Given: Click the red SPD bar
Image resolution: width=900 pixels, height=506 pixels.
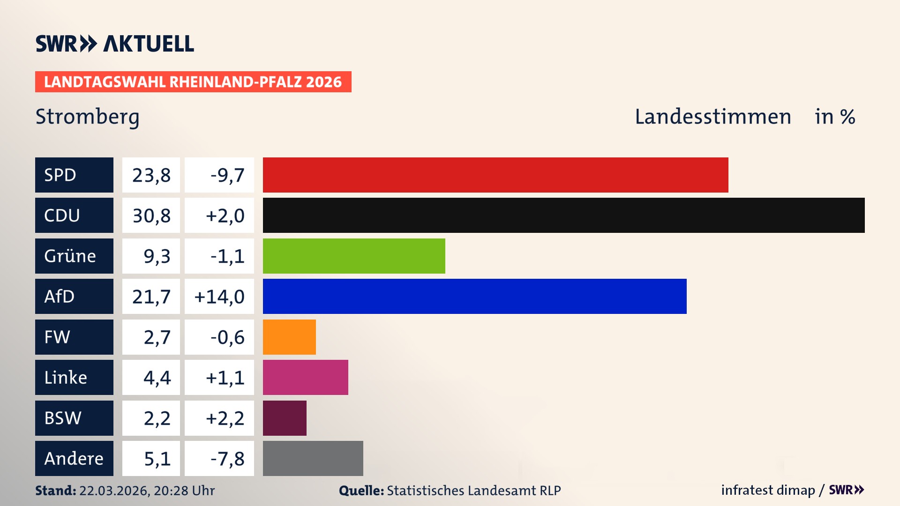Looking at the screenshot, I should tap(495, 175).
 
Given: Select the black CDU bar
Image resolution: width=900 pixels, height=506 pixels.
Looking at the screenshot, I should tap(563, 215).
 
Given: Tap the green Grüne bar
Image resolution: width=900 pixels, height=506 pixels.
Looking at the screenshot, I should tap(354, 256).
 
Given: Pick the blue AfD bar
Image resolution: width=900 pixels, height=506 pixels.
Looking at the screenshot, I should tap(474, 296).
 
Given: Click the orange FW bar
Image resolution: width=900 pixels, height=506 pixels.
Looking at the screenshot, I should tap(289, 337).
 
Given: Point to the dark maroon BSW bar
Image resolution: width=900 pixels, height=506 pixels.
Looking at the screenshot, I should tap(285, 418).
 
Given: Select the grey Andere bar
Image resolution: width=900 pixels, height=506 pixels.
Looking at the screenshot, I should tap(313, 458).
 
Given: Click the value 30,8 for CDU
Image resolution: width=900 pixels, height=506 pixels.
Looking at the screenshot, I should tap(151, 216).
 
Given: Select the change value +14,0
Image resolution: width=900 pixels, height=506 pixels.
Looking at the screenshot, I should tap(219, 297).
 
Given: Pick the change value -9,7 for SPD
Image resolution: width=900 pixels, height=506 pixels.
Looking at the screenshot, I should tap(227, 175).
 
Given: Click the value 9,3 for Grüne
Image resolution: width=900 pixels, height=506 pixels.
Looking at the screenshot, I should tap(157, 256).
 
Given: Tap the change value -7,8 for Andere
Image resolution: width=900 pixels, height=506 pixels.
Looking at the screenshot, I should tap(227, 459).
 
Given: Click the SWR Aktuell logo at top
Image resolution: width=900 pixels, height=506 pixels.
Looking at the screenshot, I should tap(115, 44).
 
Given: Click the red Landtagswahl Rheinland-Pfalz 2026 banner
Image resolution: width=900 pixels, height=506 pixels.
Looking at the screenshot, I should tap(193, 82).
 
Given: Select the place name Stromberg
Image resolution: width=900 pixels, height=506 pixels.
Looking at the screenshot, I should tap(88, 117).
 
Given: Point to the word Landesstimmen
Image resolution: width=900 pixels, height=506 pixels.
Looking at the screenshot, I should tap(712, 117).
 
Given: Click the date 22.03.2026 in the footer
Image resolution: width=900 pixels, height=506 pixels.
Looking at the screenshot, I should tap(114, 491).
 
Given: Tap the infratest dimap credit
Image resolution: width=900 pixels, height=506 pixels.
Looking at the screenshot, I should tap(768, 490).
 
